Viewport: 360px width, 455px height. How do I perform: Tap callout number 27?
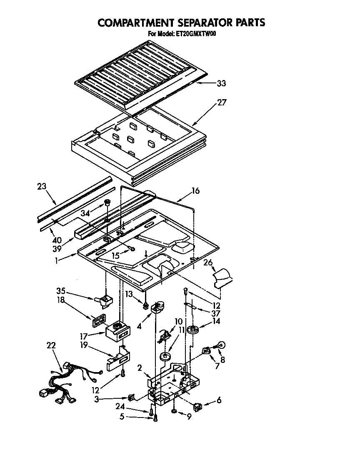[x=222, y=102]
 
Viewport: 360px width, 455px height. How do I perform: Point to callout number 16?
[x=195, y=191]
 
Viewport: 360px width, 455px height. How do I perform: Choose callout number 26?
[x=208, y=262]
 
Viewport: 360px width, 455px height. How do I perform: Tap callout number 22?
[x=51, y=345]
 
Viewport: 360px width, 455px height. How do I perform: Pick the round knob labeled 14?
[x=193, y=330]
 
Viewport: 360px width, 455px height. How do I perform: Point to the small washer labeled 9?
[x=174, y=412]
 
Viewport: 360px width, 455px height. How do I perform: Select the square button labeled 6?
[x=198, y=405]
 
